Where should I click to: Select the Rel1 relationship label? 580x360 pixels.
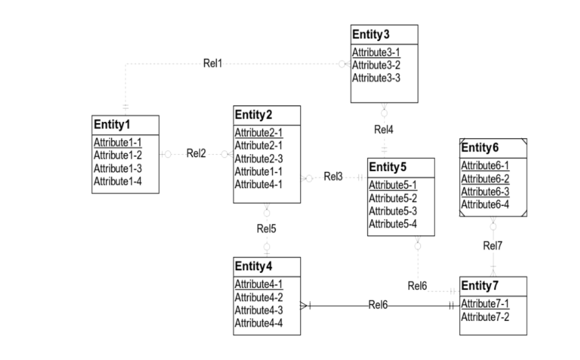212,64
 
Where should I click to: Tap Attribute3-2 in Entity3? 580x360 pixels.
376,65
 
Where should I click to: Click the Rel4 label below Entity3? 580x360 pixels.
383,130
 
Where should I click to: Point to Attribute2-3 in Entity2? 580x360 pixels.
258,159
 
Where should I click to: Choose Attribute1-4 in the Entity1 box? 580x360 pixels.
118,181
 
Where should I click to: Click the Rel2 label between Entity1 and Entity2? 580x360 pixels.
196,154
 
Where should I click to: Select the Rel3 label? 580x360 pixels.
333,177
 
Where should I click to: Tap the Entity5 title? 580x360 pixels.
388,167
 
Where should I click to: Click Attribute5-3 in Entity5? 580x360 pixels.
393,211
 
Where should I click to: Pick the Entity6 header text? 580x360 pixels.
480,148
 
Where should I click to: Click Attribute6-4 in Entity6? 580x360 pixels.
485,204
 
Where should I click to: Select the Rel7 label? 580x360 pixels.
492,246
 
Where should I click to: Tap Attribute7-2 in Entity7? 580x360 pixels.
485,317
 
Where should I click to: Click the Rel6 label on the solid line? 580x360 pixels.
378,305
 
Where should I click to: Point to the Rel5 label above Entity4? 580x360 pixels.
266,229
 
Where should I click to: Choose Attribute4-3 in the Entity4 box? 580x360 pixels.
258,310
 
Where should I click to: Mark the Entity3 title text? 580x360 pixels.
371,35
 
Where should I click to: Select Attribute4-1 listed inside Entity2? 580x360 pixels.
258,184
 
